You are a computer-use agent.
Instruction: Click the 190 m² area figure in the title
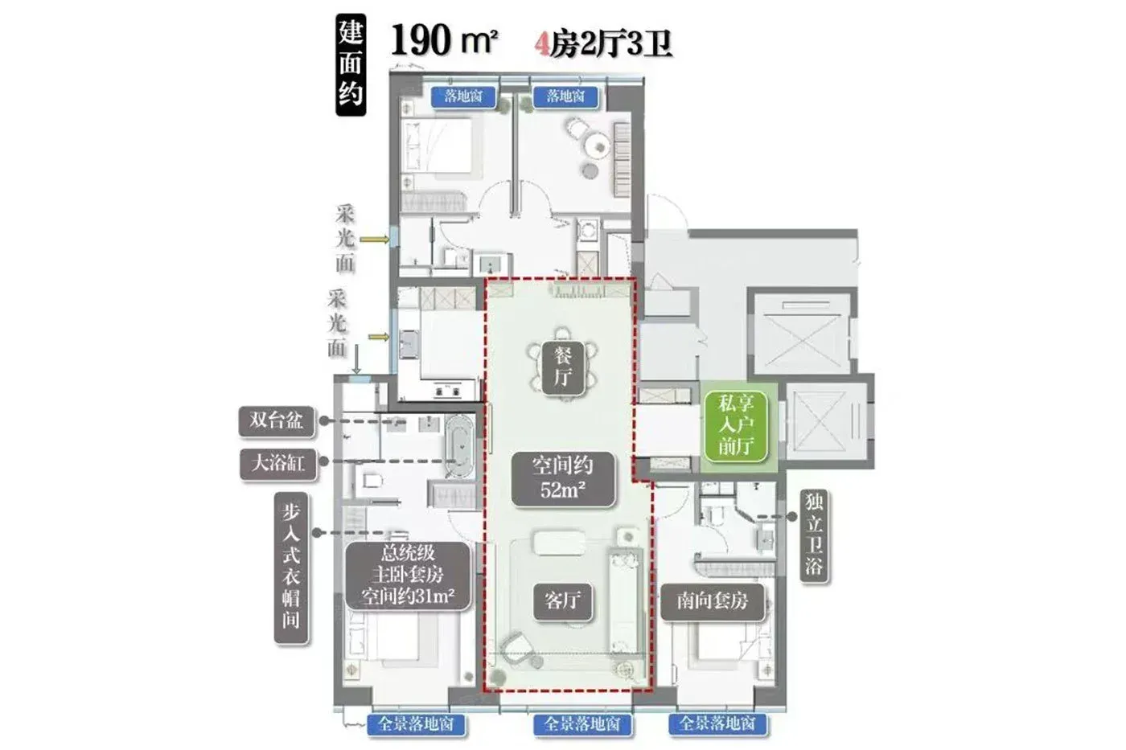click(x=444, y=39)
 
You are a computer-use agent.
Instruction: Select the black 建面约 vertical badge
click(x=351, y=64)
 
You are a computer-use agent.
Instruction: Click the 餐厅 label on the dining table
click(x=563, y=368)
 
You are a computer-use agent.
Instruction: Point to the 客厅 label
click(x=562, y=600)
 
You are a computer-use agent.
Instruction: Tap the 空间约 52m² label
click(x=563, y=478)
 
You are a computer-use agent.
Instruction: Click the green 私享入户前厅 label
click(x=735, y=426)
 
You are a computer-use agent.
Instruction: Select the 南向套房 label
click(x=713, y=600)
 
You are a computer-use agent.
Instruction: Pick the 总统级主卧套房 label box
click(x=409, y=576)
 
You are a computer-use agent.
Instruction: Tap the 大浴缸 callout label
click(x=278, y=464)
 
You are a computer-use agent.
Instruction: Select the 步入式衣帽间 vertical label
click(x=290, y=568)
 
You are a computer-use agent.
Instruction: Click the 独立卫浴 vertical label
click(x=814, y=536)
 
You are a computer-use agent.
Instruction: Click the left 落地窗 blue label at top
click(x=463, y=96)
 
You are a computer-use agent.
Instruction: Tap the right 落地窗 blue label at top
click(x=565, y=96)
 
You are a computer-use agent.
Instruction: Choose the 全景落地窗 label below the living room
click(x=582, y=724)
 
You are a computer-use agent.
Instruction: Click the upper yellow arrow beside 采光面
click(x=375, y=240)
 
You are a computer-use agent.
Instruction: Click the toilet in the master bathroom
click(x=371, y=481)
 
